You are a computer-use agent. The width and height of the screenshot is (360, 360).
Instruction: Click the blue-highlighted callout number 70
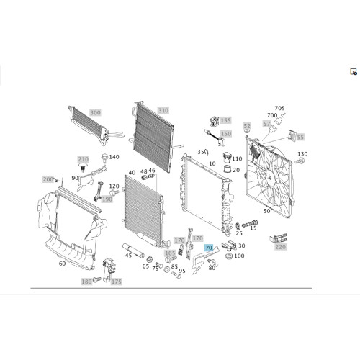[209, 248]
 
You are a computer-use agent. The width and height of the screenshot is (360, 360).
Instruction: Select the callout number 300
[95, 112]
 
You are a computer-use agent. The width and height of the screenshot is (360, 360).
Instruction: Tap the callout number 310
[163, 110]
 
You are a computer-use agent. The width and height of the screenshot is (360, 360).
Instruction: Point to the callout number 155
[225, 120]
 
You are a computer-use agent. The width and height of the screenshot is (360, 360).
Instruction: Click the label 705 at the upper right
[279, 108]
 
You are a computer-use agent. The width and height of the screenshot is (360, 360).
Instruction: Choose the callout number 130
[302, 154]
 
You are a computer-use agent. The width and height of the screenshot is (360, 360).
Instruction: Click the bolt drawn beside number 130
[300, 161]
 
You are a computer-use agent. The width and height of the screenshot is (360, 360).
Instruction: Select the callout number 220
[281, 247]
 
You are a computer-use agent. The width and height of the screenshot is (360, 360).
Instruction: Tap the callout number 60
[62, 264]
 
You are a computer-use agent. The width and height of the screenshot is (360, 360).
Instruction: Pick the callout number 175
[117, 282]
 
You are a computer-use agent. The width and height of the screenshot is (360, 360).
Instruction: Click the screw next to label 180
[97, 279]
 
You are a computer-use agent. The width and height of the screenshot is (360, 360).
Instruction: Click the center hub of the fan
[270, 179]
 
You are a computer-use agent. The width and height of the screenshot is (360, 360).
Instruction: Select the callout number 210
[83, 159]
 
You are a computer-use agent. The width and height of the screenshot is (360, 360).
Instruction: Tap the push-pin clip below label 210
[84, 167]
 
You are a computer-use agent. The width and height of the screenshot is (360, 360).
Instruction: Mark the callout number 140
[114, 157]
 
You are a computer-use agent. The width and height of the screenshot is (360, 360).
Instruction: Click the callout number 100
[239, 256]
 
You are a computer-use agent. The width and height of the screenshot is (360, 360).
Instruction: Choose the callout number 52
[247, 126]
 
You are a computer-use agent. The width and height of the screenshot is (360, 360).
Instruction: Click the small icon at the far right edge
[354, 72]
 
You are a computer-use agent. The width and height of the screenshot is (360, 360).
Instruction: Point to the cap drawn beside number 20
[228, 168]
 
